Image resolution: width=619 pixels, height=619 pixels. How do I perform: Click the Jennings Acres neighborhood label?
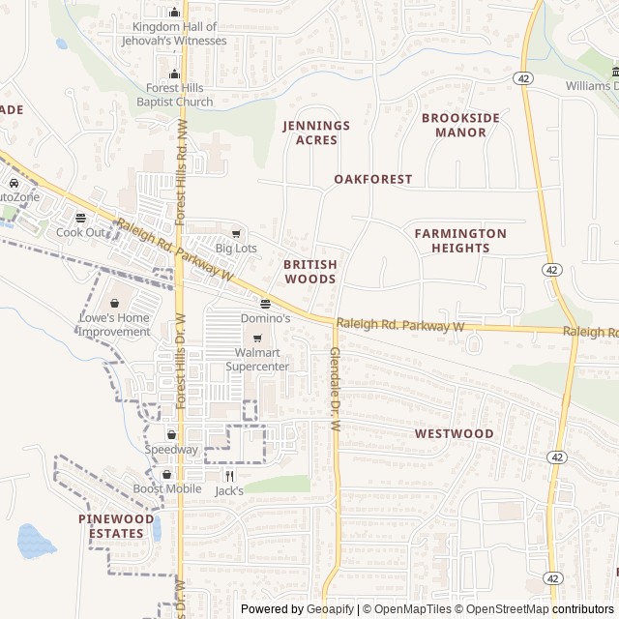pyautogui.click(x=316, y=133)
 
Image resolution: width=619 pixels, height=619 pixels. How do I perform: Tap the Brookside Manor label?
pyautogui.click(x=460, y=125)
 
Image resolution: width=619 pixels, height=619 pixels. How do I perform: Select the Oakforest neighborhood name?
pyautogui.click(x=372, y=179)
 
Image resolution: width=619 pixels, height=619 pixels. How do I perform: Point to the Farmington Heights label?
pyautogui.click(x=460, y=240)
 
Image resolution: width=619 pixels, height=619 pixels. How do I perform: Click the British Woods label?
pyautogui.click(x=309, y=271)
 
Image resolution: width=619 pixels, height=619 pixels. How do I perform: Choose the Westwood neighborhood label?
pyautogui.click(x=454, y=433)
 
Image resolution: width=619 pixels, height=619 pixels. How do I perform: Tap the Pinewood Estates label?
pyautogui.click(x=116, y=525)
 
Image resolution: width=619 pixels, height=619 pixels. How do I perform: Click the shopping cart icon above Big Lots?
pyautogui.click(x=236, y=233)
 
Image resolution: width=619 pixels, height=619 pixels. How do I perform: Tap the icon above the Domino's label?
pyautogui.click(x=264, y=303)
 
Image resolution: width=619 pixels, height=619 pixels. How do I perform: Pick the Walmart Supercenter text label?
pyautogui.click(x=257, y=360)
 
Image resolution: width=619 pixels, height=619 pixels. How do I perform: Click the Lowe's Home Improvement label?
pyautogui.click(x=114, y=325)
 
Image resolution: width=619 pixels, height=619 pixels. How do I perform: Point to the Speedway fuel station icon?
pyautogui.click(x=171, y=434)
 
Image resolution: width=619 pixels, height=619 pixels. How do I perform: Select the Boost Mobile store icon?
pyautogui.click(x=167, y=474)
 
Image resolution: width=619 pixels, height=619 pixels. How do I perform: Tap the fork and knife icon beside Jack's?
pyautogui.click(x=229, y=475)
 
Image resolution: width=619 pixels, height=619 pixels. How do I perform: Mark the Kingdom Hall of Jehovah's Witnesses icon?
pyautogui.click(x=174, y=13)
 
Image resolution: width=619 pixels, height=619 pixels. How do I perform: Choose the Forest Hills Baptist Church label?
pyautogui.click(x=174, y=95)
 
